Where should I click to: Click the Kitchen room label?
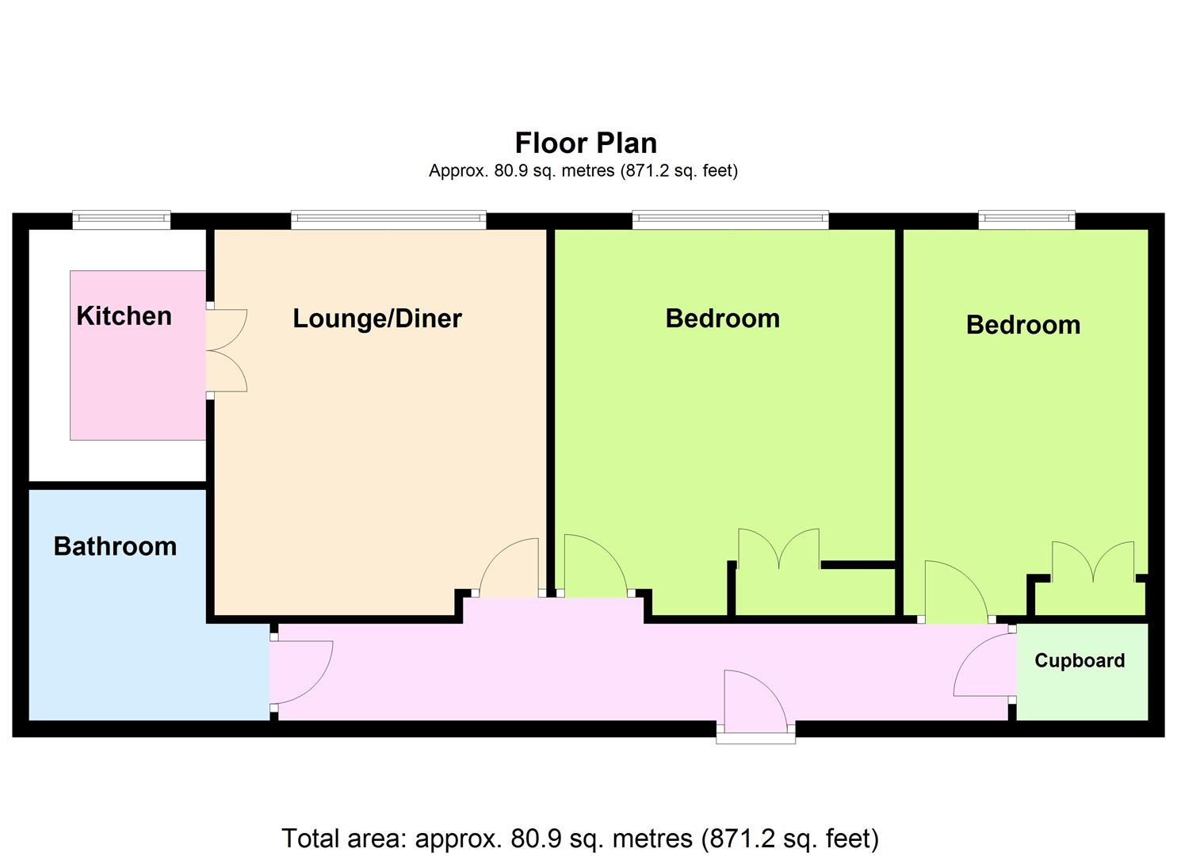coord(124,315)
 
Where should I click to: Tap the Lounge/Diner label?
coord(377,319)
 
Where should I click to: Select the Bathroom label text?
coord(115,547)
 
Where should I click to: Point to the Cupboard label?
coord(1080,660)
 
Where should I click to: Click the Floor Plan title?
coord(586,143)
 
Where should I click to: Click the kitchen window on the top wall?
coord(121,220)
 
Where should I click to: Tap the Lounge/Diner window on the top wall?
coord(388,220)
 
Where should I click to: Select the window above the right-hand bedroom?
coord(1026,220)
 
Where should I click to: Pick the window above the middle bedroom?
coord(730,220)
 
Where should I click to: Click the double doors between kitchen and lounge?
coord(226,350)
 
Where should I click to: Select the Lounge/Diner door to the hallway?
coord(509,567)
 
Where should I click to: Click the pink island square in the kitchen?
coord(138,355)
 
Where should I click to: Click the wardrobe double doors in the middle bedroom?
coord(778,548)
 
